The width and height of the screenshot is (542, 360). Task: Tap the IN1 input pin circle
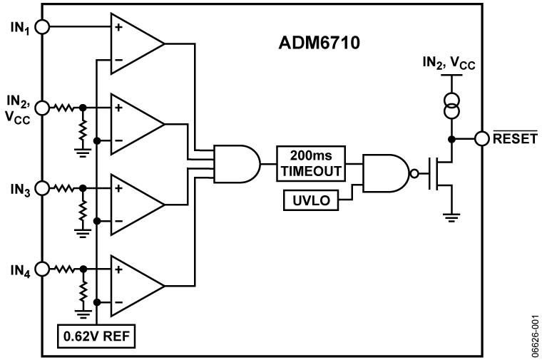click(42, 26)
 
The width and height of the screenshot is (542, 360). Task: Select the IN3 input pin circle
click(42, 188)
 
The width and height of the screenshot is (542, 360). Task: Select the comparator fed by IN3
click(135, 205)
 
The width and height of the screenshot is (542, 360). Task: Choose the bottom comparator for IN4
click(135, 286)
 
